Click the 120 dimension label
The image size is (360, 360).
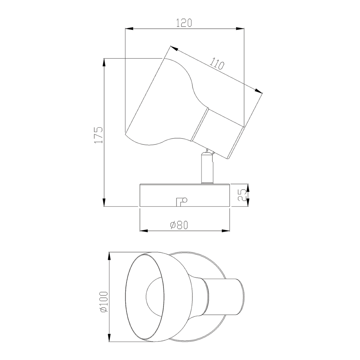(x=184, y=23)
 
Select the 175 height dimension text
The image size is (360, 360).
(x=99, y=135)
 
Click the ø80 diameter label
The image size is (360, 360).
(x=179, y=225)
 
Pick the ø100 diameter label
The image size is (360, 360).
(x=104, y=302)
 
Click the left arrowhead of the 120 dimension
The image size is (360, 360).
(x=129, y=28)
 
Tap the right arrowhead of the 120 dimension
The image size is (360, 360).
(x=240, y=28)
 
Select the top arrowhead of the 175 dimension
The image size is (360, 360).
(x=104, y=63)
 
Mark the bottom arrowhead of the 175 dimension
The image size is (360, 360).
(x=104, y=202)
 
